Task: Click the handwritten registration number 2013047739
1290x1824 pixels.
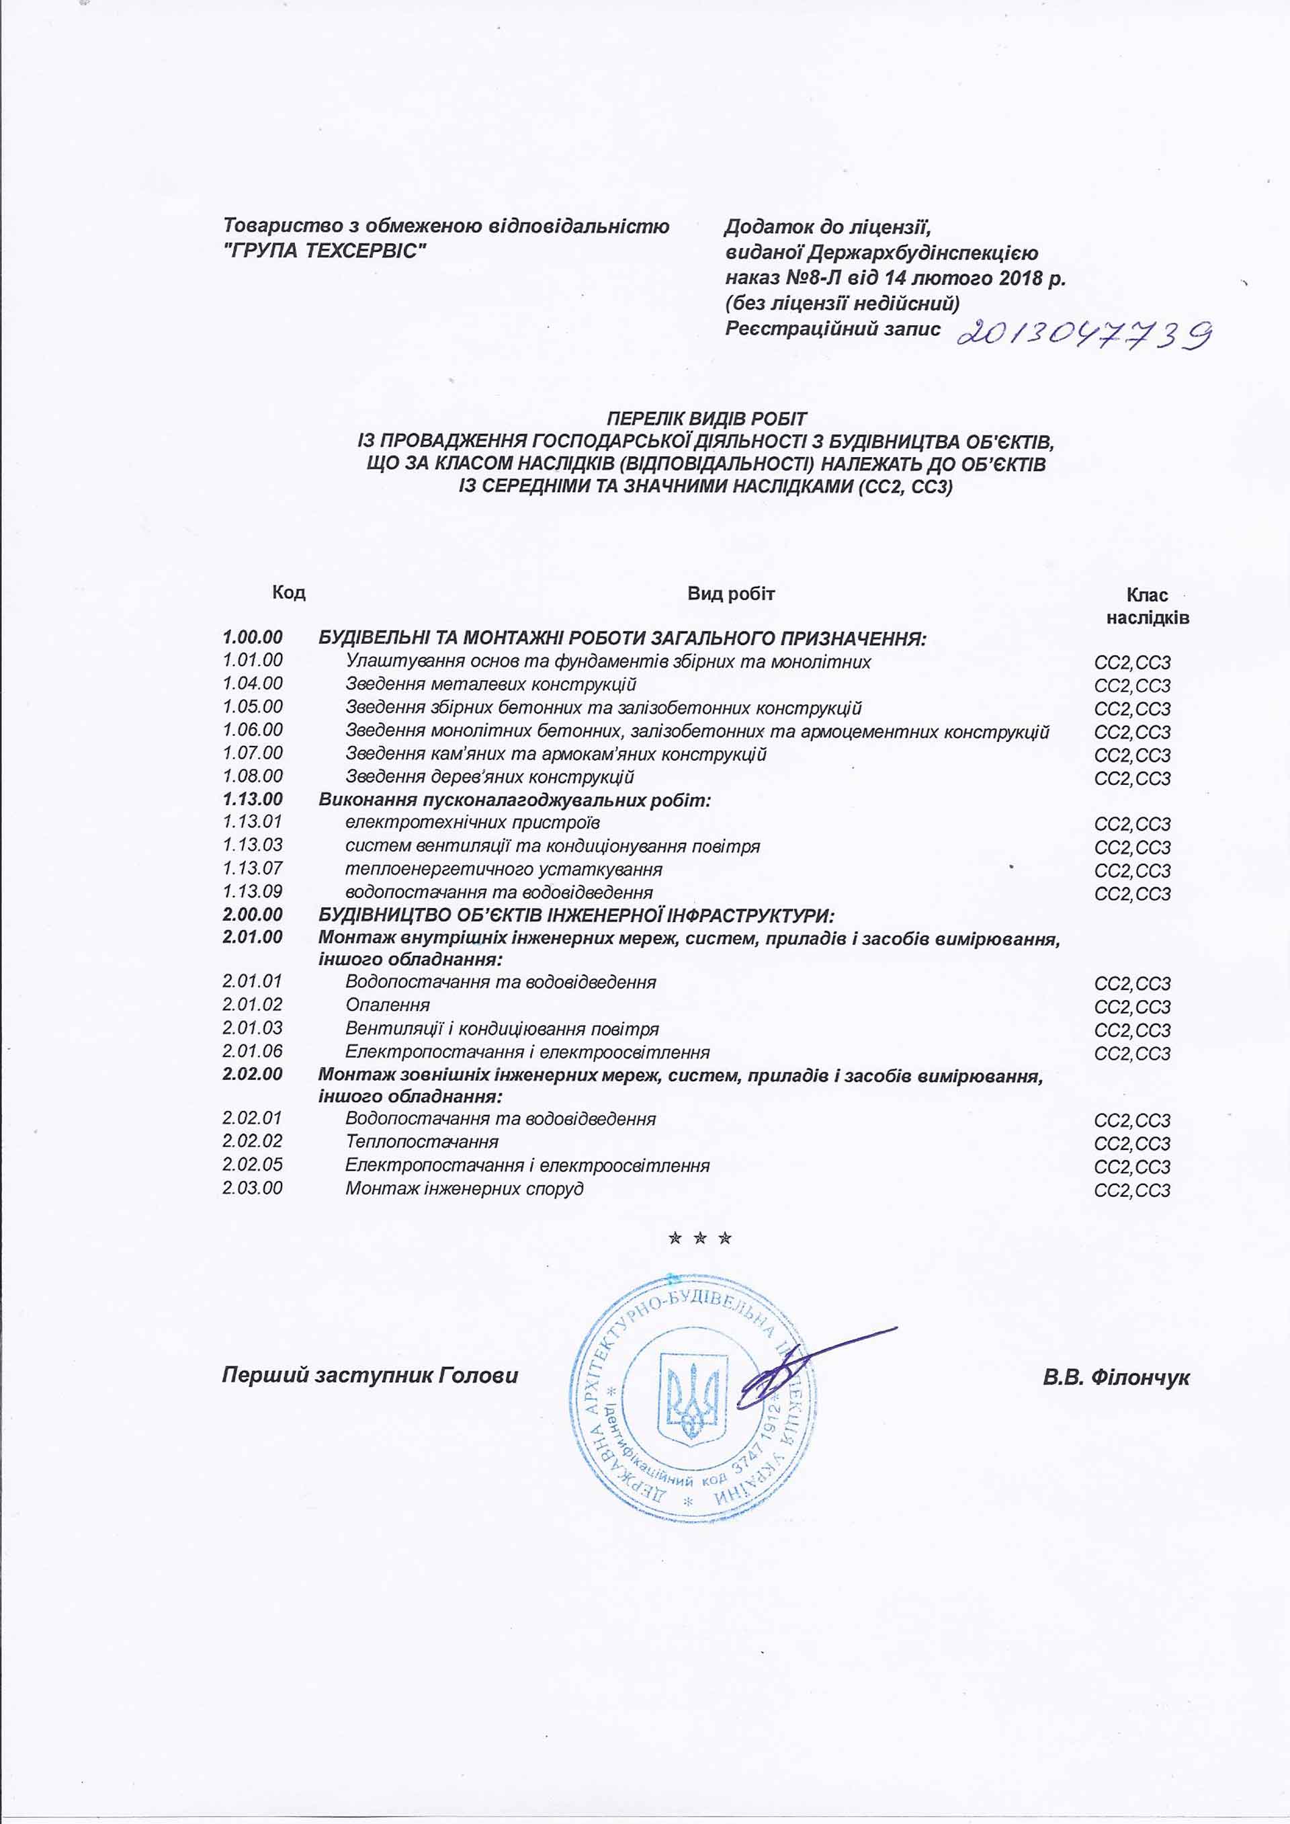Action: coord(1084,335)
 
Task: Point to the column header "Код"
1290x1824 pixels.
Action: coord(288,593)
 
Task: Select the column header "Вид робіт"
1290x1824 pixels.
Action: coord(731,593)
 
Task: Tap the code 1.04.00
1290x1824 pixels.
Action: coord(253,683)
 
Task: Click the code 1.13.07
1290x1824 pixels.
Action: coord(253,868)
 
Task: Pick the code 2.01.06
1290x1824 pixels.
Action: coord(253,1051)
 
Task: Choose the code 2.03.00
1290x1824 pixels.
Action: coord(253,1188)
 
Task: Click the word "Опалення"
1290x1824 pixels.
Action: coord(388,1005)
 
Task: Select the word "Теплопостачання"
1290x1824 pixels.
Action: coord(422,1142)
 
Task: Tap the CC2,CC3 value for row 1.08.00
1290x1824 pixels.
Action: coord(1132,778)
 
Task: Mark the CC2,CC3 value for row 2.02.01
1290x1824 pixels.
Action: coord(1132,1121)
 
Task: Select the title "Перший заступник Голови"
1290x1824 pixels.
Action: coord(370,1375)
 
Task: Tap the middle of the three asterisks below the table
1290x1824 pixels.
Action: coord(700,1239)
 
